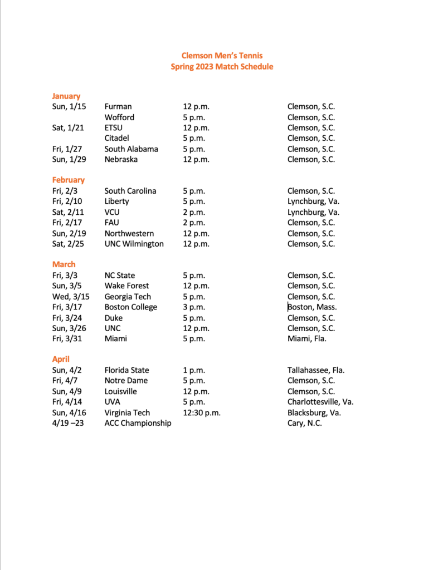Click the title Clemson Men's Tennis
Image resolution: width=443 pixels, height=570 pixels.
click(222, 56)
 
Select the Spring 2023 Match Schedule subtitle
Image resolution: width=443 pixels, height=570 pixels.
click(222, 67)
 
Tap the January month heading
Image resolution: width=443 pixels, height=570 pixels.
click(66, 96)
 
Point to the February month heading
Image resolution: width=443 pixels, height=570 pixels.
click(69, 180)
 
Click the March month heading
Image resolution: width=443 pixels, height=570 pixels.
click(64, 264)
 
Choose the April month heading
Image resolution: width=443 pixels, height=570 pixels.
click(61, 359)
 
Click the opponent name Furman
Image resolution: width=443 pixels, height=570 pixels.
click(118, 106)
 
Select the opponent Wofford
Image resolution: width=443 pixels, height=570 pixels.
click(119, 117)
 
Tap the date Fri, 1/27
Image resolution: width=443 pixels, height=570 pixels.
click(66, 149)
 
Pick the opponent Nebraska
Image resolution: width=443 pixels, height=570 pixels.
click(121, 159)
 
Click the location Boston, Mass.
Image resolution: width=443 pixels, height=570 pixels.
click(313, 307)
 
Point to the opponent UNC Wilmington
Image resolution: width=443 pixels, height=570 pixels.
click(134, 243)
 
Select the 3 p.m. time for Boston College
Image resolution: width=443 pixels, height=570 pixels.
click(194, 307)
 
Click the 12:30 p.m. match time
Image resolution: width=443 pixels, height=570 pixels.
click(202, 412)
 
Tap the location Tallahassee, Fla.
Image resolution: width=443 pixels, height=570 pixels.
click(316, 370)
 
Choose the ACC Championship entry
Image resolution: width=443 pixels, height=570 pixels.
click(138, 423)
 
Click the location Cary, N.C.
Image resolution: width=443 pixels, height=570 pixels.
click(305, 423)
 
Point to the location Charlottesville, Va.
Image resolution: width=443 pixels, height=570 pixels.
click(320, 402)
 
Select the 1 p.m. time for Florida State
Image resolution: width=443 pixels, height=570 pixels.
click(194, 370)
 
